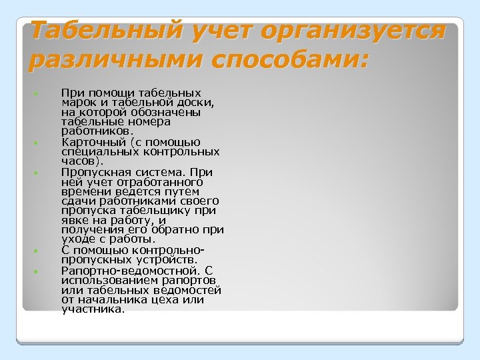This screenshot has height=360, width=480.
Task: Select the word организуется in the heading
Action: point(353,31)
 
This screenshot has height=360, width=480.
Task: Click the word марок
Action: point(77,103)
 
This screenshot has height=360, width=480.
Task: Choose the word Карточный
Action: point(87,142)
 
